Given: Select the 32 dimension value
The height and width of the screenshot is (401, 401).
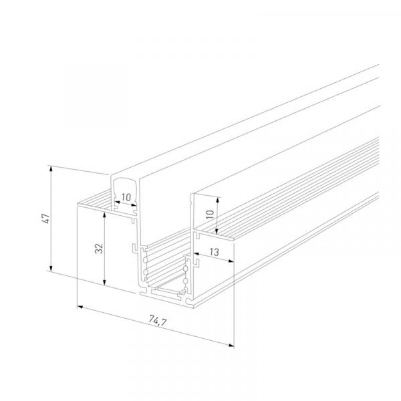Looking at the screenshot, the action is (99, 249).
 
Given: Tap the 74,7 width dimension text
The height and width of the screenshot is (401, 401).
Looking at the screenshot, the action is (158, 321).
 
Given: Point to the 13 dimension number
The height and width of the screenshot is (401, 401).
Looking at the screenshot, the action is (215, 252).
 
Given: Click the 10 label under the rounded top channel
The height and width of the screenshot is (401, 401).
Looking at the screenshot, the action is (126, 197).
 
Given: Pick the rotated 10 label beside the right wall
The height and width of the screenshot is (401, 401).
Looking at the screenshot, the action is (210, 214).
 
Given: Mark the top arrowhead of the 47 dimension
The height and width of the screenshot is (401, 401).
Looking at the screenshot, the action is (51, 168).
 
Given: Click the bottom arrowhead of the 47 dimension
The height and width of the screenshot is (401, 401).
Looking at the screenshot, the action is (51, 268).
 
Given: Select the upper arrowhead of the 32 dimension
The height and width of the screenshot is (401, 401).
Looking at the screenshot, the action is (104, 215).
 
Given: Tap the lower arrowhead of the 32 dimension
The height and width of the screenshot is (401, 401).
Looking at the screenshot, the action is (104, 282).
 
